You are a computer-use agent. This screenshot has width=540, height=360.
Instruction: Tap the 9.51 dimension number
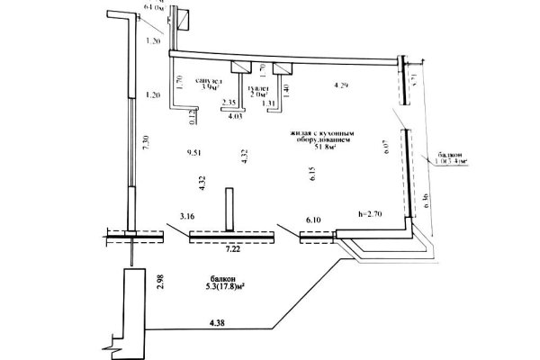[190, 153]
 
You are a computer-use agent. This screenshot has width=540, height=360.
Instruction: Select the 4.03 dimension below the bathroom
[237, 116]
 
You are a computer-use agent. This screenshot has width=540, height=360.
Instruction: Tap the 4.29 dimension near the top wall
[340, 85]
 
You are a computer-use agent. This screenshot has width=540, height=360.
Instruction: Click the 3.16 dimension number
[188, 217]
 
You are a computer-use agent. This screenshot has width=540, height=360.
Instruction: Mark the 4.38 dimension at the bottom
[216, 320]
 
